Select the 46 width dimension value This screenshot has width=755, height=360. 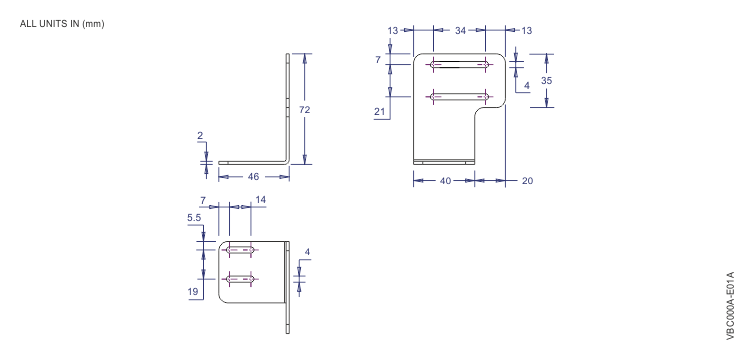pyautogui.click(x=254, y=176)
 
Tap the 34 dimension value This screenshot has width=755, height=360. pyautogui.click(x=460, y=32)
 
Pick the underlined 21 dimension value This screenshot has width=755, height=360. pyautogui.click(x=381, y=112)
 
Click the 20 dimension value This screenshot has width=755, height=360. pyautogui.click(x=526, y=181)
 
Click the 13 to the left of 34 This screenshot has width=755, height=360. pyautogui.click(x=391, y=32)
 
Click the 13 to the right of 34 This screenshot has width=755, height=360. pyautogui.click(x=525, y=32)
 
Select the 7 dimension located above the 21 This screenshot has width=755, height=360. pyautogui.click(x=378, y=60)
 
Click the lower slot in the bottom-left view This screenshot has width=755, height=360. pyautogui.click(x=240, y=278)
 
